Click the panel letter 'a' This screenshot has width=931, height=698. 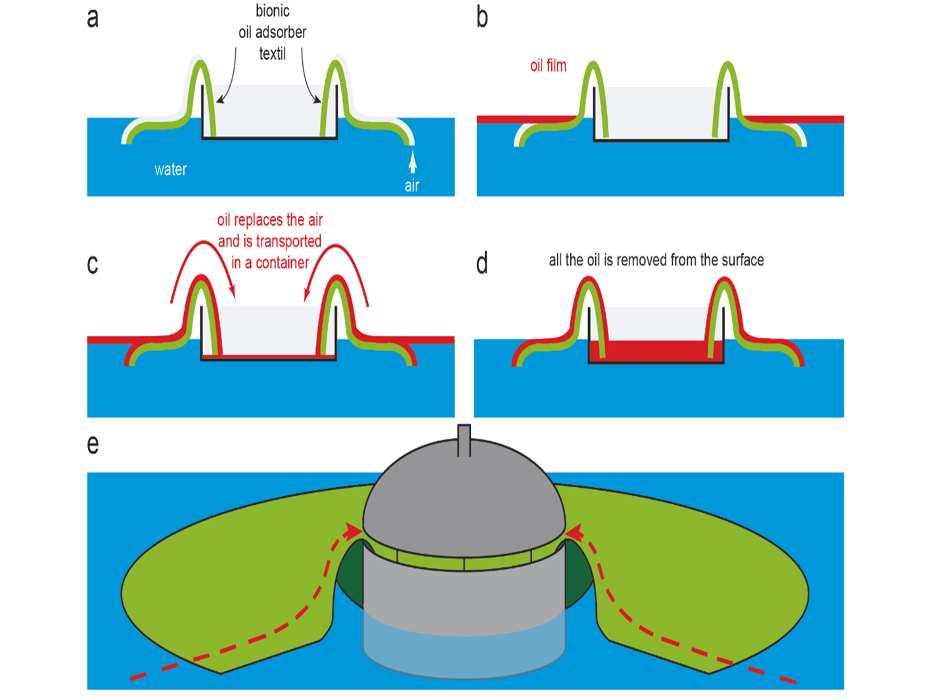click(93, 18)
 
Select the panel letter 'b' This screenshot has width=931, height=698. click(482, 18)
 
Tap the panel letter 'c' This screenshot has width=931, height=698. click(93, 264)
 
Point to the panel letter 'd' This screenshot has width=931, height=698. click(482, 264)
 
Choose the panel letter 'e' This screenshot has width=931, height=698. click(93, 445)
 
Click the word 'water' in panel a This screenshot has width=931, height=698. click(170, 169)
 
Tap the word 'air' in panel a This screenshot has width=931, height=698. click(412, 186)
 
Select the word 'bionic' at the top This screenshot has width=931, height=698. click(273, 11)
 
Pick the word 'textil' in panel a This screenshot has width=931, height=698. click(272, 54)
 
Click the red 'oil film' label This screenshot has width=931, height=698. click(548, 66)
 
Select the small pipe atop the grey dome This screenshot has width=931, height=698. click(464, 439)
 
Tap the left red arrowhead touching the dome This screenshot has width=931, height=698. click(355, 530)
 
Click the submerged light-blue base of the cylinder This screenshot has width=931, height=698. click(464, 650)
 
